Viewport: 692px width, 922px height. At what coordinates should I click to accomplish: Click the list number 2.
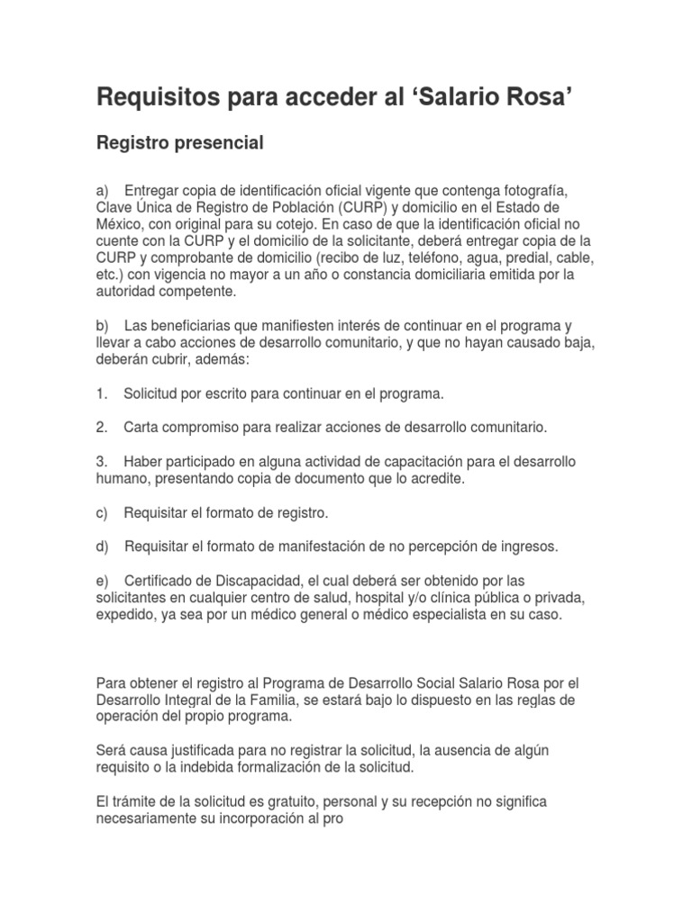(102, 426)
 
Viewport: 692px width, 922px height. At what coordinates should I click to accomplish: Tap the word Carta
(141, 426)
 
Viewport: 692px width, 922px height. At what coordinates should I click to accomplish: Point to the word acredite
(434, 478)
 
